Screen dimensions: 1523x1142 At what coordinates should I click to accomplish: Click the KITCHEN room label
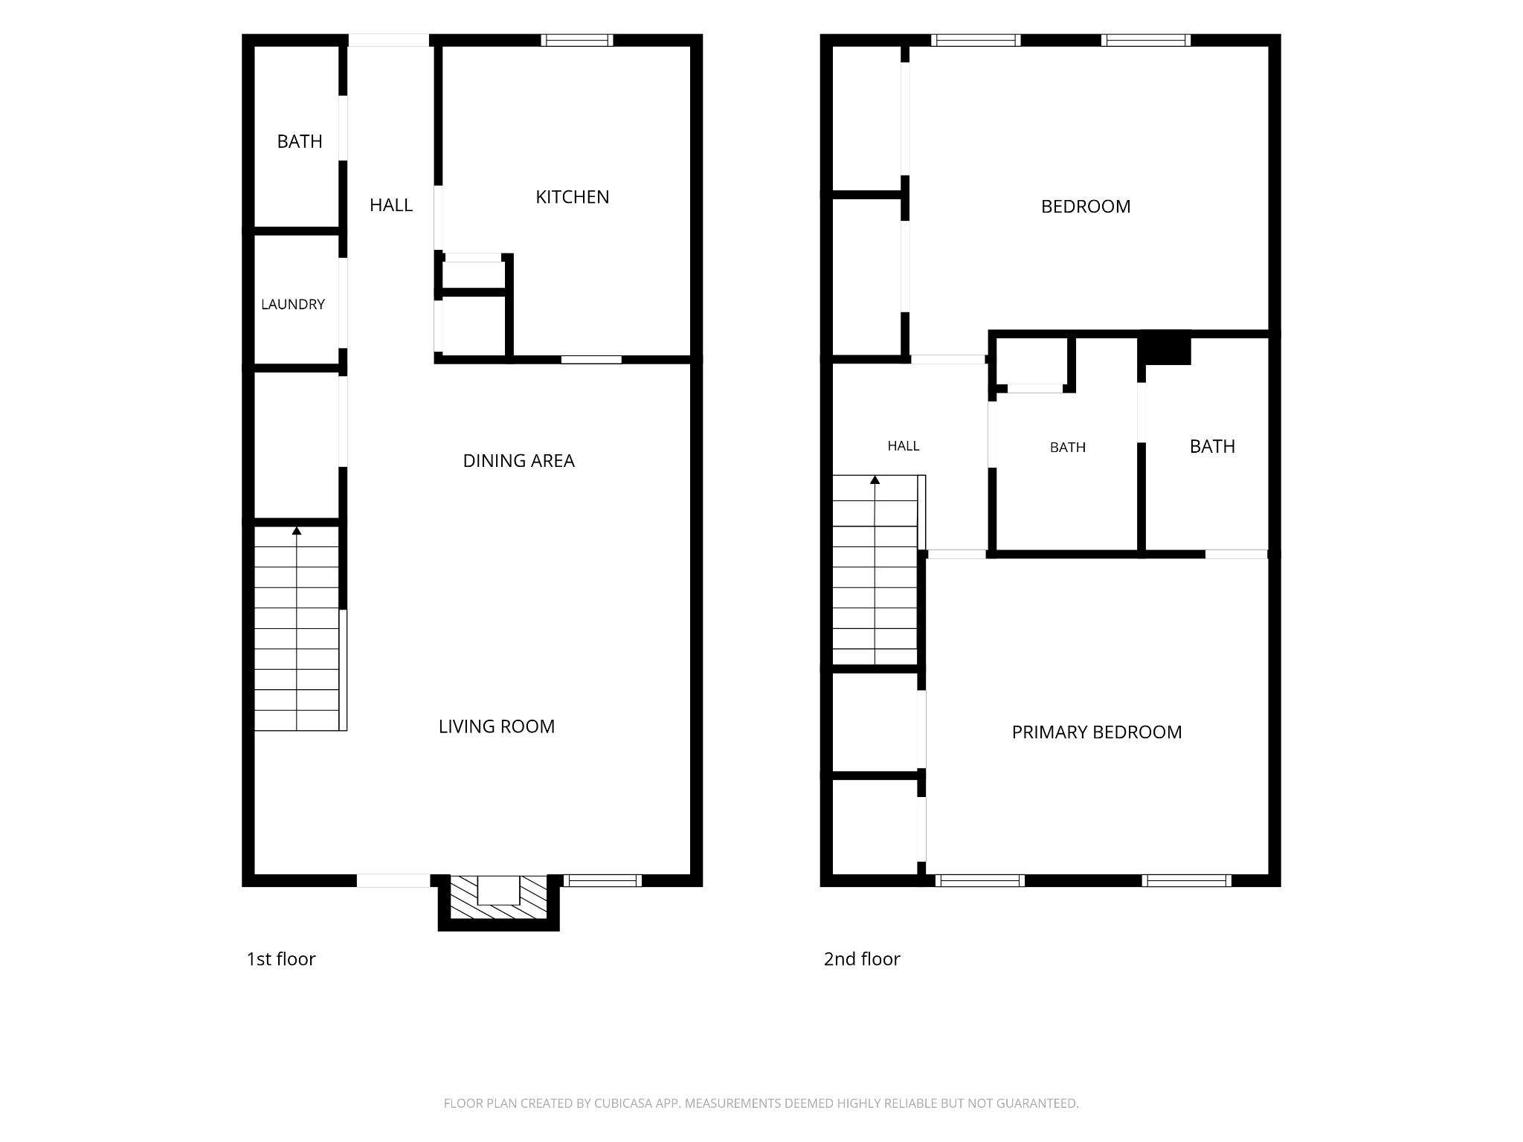[x=572, y=197]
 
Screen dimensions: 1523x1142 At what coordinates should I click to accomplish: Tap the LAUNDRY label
[x=293, y=304]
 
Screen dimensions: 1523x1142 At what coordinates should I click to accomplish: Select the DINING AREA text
[x=518, y=461]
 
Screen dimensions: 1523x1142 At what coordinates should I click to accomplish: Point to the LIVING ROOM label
[x=496, y=726]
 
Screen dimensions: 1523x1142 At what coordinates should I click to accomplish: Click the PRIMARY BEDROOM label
[x=1097, y=732]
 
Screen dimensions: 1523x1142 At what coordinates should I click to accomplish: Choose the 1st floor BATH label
[x=300, y=141]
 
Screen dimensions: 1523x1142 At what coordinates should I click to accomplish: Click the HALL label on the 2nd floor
[x=904, y=446]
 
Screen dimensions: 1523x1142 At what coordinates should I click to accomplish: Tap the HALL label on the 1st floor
[x=391, y=205]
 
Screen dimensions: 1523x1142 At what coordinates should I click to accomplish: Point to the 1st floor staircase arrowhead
[x=297, y=531]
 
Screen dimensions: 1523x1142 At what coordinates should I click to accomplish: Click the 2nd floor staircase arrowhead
[x=875, y=480]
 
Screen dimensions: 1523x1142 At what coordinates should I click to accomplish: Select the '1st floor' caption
[x=281, y=959]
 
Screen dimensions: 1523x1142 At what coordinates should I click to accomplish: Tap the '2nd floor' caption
[x=862, y=959]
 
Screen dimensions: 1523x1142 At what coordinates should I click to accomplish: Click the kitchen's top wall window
[x=577, y=40]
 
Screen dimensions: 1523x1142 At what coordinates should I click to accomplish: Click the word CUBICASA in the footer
[x=623, y=1103]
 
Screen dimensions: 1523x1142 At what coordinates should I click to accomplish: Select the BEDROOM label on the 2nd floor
[x=1086, y=207]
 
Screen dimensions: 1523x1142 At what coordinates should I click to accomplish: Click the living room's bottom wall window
[x=602, y=881]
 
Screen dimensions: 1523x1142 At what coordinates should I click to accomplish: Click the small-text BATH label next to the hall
[x=1068, y=448]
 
